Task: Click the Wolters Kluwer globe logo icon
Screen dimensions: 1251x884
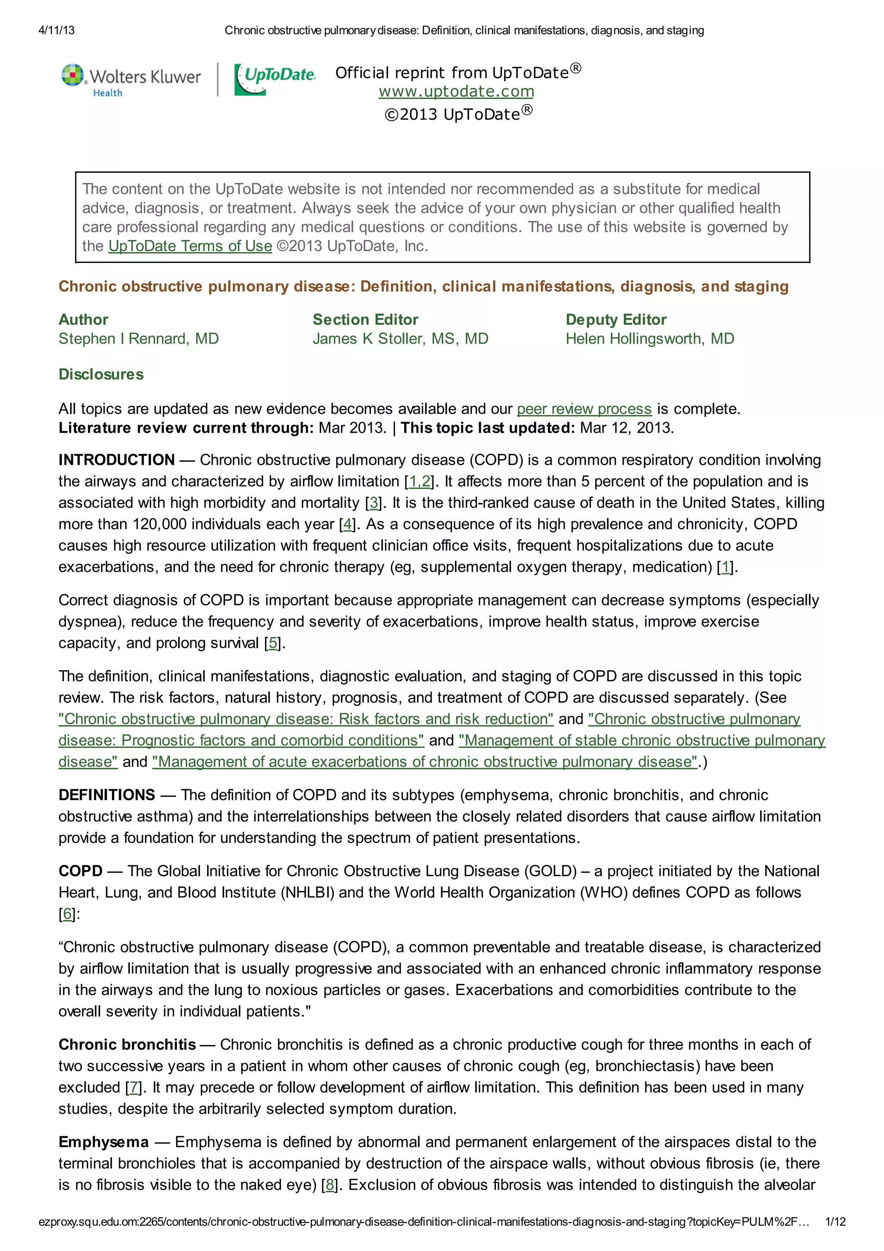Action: point(73,75)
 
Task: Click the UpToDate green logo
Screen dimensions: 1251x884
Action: point(275,79)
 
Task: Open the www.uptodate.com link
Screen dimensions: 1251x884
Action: point(456,92)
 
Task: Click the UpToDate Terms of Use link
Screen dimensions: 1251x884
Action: point(190,246)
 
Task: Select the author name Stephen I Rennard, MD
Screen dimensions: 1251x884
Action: point(139,339)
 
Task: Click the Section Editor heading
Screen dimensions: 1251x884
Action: point(365,320)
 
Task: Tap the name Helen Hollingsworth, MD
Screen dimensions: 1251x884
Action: point(649,339)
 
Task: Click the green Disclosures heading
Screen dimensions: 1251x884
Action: point(101,374)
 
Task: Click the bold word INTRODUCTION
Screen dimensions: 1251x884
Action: point(117,460)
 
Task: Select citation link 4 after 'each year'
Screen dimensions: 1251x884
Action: point(347,524)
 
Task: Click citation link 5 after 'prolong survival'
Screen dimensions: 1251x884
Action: point(273,643)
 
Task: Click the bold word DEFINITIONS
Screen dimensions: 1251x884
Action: point(107,795)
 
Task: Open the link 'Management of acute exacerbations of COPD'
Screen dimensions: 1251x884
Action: point(425,762)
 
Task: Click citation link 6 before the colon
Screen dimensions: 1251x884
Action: point(67,914)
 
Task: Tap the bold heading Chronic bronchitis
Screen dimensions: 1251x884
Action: point(127,1045)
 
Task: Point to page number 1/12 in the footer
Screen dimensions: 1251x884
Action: point(835,1222)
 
